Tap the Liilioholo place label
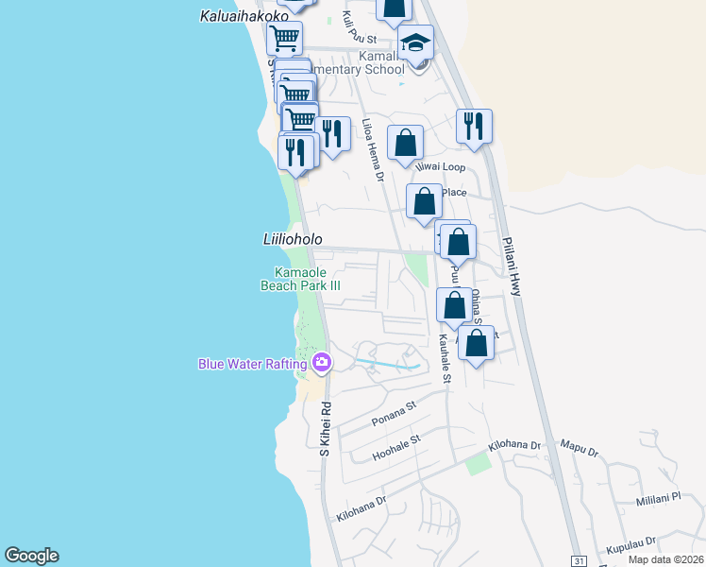292,240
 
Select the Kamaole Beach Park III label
300,278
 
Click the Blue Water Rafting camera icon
322,363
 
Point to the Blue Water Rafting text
252,364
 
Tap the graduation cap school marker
415,42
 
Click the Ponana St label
393,411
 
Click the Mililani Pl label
658,498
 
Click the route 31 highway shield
579,559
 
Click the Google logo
31,556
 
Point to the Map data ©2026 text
664,559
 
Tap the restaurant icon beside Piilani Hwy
474,126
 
